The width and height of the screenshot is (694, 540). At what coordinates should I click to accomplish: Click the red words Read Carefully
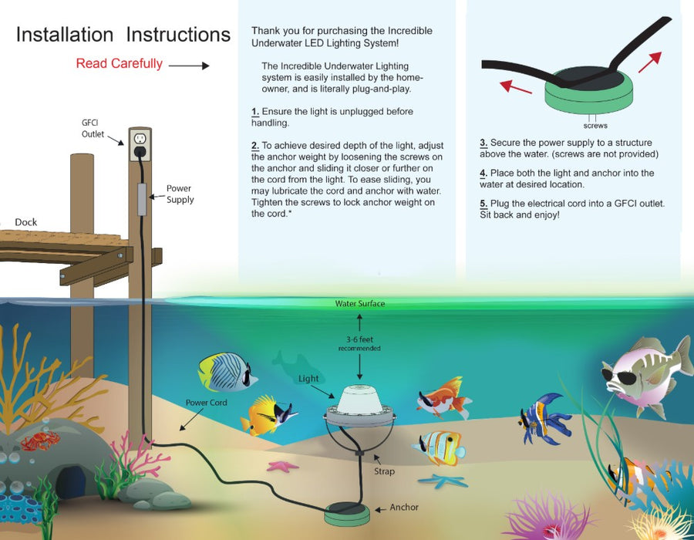(119, 64)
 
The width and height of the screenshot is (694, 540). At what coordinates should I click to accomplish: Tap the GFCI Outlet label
(93, 128)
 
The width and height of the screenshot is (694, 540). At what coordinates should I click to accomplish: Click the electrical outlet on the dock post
(140, 144)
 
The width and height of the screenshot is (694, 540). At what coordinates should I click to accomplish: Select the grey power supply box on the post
(142, 199)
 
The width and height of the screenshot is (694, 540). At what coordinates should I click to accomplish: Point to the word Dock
(26, 222)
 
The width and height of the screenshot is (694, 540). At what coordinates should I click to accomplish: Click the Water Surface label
(360, 304)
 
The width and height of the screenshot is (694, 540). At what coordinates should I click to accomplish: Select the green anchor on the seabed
(347, 515)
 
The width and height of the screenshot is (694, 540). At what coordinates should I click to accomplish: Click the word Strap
(384, 471)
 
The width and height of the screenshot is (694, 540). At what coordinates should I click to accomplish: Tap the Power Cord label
(206, 403)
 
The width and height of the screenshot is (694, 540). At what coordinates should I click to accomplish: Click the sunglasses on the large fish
(624, 377)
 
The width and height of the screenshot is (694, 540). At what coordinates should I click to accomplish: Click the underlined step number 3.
(483, 143)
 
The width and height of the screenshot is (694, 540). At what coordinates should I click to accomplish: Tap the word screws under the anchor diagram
(595, 126)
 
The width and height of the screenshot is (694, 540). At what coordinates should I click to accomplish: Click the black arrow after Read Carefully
(189, 66)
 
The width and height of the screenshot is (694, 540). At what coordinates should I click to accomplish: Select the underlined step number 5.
(483, 204)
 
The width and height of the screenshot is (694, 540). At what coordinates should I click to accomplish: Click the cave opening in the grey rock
(71, 481)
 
